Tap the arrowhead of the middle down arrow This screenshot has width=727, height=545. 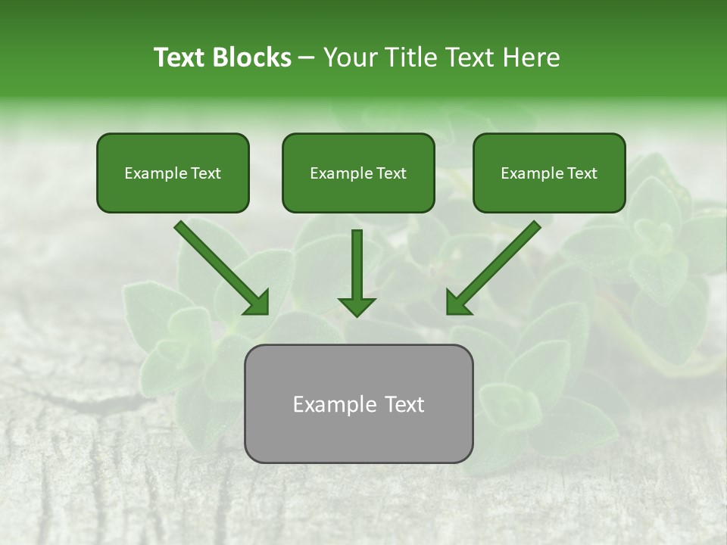[x=357, y=306]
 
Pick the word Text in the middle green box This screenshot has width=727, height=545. [x=391, y=173]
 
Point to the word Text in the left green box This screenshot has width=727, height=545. [x=205, y=173]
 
